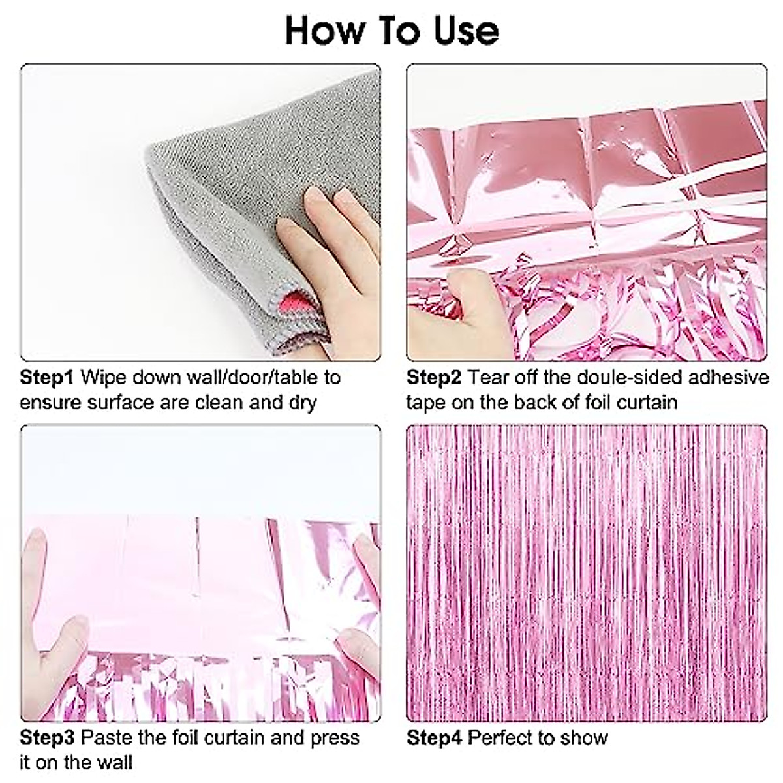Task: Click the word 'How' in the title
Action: [x=324, y=31]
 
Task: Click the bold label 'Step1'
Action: [x=47, y=378]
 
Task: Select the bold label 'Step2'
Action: [x=433, y=378]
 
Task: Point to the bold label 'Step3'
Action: [x=47, y=737]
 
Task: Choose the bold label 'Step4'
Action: [x=434, y=737]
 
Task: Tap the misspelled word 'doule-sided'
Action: [x=628, y=378]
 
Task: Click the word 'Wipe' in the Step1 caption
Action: [x=104, y=378]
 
